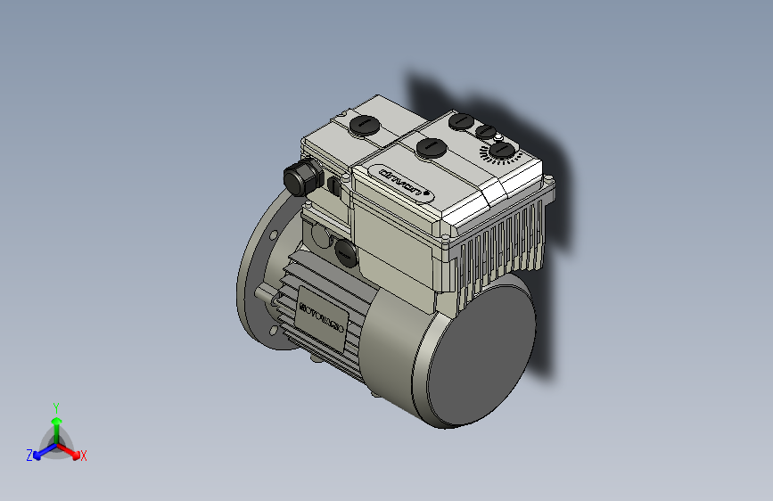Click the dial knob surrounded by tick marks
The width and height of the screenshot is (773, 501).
tap(502, 151)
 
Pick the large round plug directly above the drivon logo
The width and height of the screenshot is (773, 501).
tap(432, 146)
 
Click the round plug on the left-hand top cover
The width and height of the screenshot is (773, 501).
tap(364, 124)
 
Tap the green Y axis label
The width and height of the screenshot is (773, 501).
tap(55, 406)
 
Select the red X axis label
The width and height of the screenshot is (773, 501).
tap(83, 456)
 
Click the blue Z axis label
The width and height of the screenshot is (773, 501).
tap(29, 456)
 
